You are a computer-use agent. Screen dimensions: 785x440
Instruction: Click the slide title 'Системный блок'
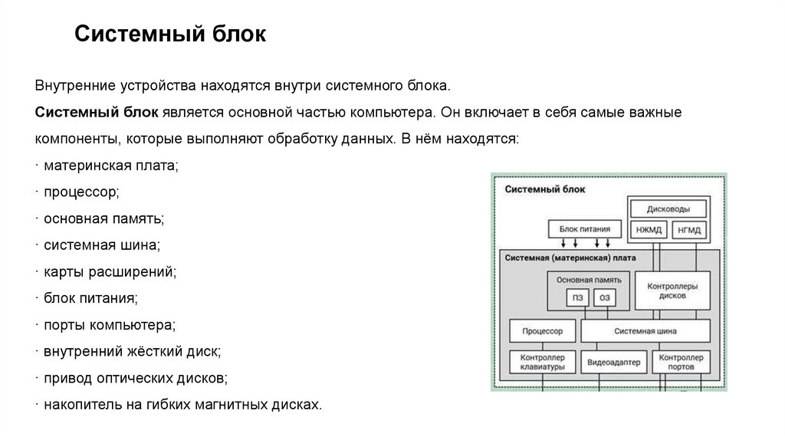(170, 34)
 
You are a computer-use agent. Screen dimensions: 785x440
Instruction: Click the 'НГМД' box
(689, 229)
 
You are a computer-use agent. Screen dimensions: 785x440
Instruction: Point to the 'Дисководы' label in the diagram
(668, 209)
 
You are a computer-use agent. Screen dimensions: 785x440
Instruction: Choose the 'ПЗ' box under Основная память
(576, 298)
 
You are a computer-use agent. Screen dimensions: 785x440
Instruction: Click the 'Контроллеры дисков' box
(672, 290)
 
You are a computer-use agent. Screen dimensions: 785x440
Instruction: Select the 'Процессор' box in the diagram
(542, 331)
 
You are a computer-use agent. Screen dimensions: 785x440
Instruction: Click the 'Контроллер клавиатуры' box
(542, 363)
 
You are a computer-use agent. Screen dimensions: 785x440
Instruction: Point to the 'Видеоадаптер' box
(614, 363)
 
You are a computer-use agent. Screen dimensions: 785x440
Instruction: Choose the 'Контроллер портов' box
(682, 363)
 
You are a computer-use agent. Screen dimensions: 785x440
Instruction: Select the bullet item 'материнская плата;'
(110, 166)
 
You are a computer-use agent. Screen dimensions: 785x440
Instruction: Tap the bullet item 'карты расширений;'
(110, 271)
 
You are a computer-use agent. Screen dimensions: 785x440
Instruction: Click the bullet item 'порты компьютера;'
(110, 325)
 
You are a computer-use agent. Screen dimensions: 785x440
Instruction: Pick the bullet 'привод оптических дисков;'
(135, 378)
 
